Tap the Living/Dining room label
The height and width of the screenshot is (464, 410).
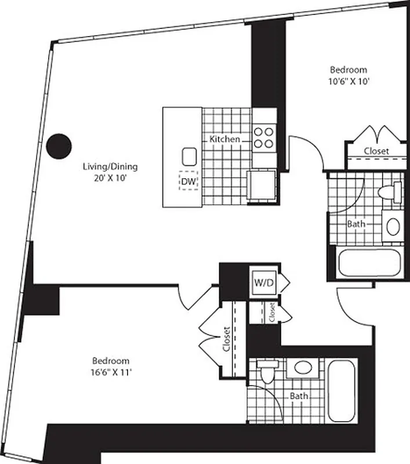110,167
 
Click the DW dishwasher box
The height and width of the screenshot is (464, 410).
188,181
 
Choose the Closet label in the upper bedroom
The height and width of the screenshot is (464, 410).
376,151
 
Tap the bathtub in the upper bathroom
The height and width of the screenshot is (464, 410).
369,262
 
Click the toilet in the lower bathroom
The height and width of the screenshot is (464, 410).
267,372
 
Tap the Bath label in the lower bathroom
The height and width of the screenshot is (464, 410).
299,396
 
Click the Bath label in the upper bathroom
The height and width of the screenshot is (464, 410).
355,223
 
